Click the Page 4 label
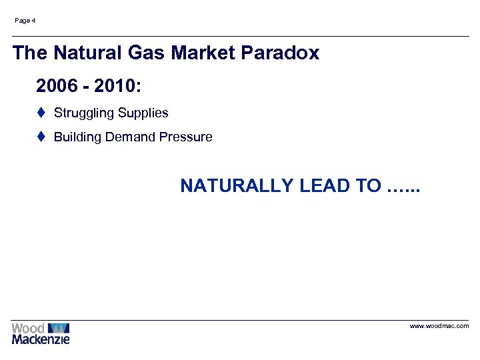pyautogui.click(x=25, y=21)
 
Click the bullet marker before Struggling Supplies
pyautogui.click(x=41, y=113)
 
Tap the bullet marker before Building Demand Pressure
pyautogui.click(x=41, y=137)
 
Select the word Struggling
pyautogui.click(x=83, y=113)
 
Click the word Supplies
pyautogui.click(x=143, y=113)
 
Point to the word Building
pyautogui.click(x=75, y=137)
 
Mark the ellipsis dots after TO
pyautogui.click(x=405, y=189)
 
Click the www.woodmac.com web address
pyautogui.click(x=439, y=326)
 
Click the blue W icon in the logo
pyautogui.click(x=59, y=328)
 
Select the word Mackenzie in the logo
pyautogui.click(x=40, y=339)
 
